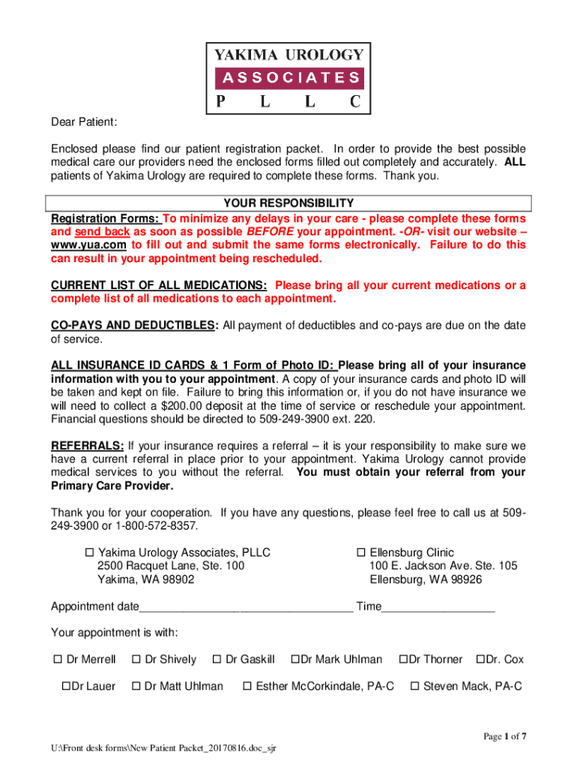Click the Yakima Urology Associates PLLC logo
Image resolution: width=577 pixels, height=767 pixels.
pos(289,77)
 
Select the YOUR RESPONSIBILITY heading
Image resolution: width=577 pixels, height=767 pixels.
pos(288,204)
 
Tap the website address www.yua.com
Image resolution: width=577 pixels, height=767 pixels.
pos(88,245)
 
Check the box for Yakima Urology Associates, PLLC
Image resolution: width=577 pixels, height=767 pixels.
pos(88,553)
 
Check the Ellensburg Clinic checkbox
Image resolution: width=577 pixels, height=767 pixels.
pos(360,553)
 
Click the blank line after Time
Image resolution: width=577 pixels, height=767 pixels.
pos(438,607)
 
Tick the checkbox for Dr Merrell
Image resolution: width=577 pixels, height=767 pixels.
pos(57,660)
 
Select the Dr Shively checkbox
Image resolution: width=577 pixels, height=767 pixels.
pos(136,660)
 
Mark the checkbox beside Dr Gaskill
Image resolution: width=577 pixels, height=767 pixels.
pos(217,660)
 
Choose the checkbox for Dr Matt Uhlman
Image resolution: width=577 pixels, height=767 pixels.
pos(136,686)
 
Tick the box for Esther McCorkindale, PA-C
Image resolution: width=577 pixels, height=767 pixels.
pos(247,686)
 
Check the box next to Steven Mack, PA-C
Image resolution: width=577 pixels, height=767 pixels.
pos(414,686)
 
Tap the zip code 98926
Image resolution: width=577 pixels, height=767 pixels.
pos(464,580)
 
